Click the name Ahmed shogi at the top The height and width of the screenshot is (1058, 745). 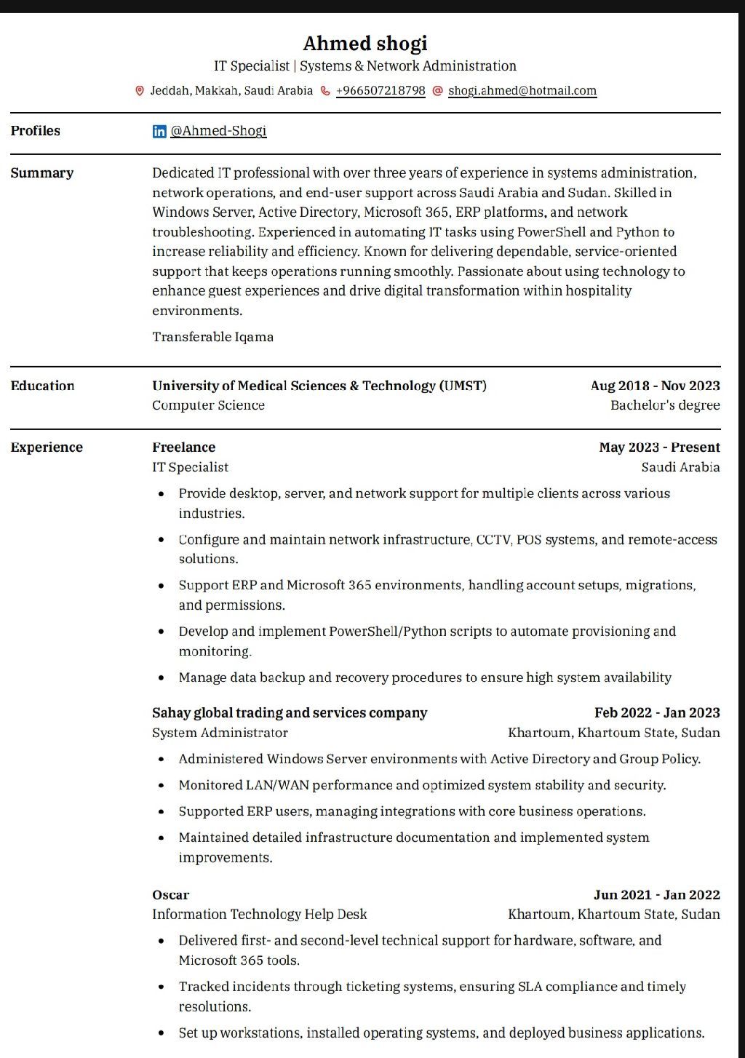coord(364,44)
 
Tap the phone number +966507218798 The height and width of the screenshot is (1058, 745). coord(381,91)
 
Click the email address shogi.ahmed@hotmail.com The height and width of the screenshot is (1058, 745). coord(522,91)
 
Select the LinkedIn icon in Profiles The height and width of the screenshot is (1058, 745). coord(159,131)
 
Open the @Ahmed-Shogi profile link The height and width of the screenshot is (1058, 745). coord(218,131)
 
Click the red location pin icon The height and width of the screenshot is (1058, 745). coord(140,91)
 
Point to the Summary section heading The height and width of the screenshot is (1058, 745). coord(41,173)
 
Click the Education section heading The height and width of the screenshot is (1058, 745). coord(42,386)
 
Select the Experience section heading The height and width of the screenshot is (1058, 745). coord(47,448)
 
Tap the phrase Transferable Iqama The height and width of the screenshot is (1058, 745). coord(212,337)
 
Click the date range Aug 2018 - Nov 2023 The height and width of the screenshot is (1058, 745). coord(655,386)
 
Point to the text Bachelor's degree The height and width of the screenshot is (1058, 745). coord(665,405)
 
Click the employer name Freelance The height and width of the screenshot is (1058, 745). coord(183,448)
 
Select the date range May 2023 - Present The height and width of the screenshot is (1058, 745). coord(659,448)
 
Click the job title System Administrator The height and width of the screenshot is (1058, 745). coord(220,733)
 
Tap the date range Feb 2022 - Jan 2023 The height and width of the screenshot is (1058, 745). coord(657,713)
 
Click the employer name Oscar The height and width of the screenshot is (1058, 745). coord(170,895)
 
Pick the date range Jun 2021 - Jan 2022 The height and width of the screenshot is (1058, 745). coord(656,895)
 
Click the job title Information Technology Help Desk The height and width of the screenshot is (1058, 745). coord(259,915)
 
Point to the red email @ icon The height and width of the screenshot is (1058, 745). coord(437,91)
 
